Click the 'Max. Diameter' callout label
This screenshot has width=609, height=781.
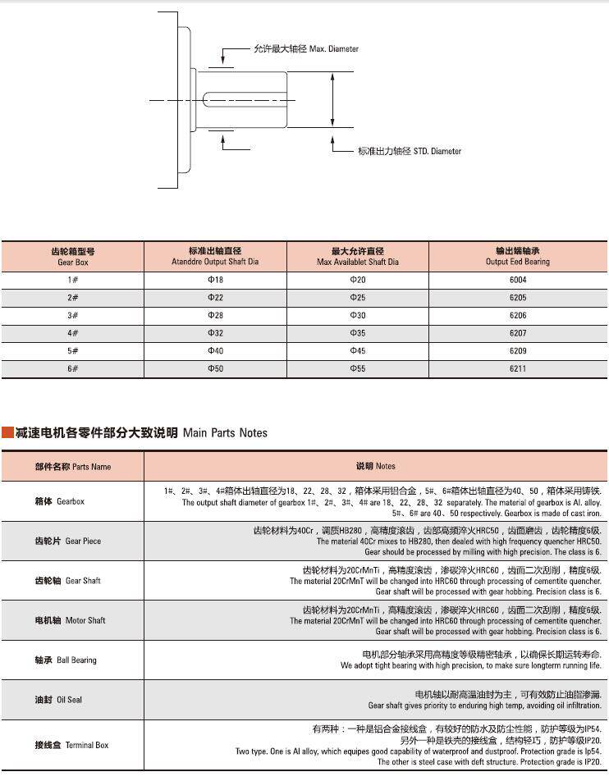tap(306, 49)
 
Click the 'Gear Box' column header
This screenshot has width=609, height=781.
tap(72, 257)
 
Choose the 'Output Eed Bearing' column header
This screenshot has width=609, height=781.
tap(517, 257)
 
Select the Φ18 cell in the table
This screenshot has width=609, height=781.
tap(215, 280)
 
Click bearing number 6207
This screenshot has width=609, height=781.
tap(517, 333)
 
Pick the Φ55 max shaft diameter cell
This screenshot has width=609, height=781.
tap(358, 369)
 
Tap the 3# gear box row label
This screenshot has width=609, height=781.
tap(72, 316)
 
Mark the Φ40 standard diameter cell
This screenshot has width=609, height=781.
tap(215, 351)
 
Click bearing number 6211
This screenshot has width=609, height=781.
tap(517, 369)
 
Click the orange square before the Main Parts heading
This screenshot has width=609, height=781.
tap(7, 432)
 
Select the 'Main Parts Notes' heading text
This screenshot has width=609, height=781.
tap(138, 432)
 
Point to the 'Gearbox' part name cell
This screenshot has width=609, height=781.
tap(59, 501)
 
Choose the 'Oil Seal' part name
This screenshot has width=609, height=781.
tap(58, 701)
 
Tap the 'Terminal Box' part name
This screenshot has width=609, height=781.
tap(71, 745)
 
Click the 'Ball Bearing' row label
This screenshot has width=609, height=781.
tap(65, 660)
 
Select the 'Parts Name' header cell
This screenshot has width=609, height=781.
tap(72, 466)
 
